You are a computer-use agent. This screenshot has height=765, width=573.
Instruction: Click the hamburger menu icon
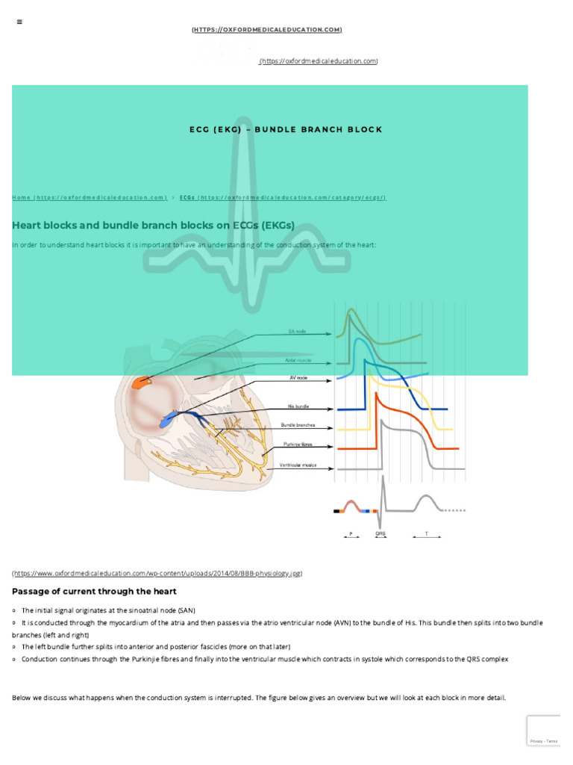[19, 22]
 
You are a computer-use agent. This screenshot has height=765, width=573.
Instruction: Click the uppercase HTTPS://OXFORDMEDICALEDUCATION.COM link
[266, 29]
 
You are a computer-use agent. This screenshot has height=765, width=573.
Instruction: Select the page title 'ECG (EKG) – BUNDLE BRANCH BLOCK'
[286, 129]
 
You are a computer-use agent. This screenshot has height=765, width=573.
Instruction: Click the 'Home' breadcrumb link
[89, 197]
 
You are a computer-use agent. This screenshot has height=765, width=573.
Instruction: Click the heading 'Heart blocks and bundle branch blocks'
[153, 224]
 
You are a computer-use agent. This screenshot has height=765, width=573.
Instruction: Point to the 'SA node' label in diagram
[297, 331]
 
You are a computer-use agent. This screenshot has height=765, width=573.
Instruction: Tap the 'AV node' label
[298, 378]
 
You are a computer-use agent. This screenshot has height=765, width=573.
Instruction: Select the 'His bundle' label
[298, 406]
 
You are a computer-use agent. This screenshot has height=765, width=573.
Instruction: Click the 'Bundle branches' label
[298, 425]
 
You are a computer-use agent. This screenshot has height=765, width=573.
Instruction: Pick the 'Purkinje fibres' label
[298, 444]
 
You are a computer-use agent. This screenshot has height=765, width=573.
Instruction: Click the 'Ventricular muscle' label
[298, 465]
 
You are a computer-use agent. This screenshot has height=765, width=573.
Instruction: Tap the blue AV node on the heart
[169, 419]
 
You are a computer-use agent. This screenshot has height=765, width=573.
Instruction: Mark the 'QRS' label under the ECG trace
[381, 534]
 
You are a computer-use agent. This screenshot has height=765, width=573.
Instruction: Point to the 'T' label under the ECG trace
[426, 534]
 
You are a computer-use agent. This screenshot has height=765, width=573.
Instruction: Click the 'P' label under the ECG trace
[351, 534]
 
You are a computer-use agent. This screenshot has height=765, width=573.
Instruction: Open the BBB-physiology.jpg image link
[157, 573]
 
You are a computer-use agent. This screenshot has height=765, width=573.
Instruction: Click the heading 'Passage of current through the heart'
[94, 591]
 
